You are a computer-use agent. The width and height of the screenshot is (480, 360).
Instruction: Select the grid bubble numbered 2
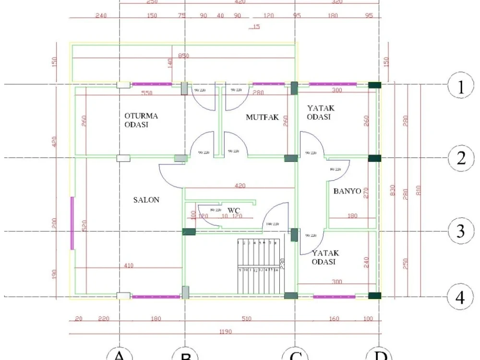pos(461,158)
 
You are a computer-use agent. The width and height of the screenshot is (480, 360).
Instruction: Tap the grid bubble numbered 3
pos(460,231)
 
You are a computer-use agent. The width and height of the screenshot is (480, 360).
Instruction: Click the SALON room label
pos(146,200)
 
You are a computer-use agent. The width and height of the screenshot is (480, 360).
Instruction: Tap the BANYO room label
pos(347,191)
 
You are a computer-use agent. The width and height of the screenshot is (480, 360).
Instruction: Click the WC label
pos(234,210)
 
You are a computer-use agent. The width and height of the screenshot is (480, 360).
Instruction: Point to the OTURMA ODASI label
pos(141,120)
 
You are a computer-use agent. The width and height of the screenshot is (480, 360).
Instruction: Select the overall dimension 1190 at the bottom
pos(225,332)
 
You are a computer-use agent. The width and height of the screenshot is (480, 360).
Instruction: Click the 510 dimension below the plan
pos(246,319)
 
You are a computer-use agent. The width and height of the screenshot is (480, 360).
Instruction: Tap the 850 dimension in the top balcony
pos(183,56)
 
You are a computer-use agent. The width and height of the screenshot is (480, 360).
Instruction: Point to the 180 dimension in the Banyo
pos(352,216)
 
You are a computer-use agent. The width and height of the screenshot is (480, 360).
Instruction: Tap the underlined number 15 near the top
pos(255,27)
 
